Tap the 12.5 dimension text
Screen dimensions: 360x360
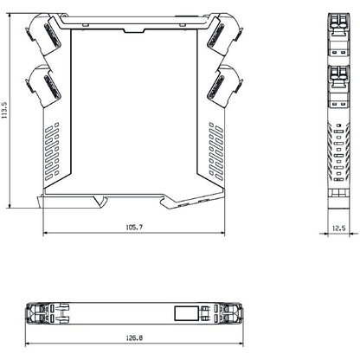point(338,228)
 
